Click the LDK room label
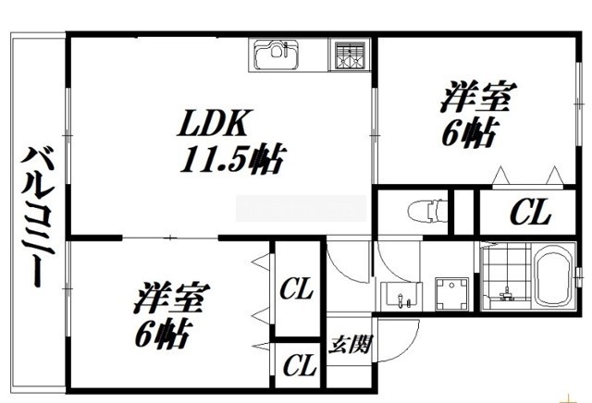point(214,123)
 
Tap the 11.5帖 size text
point(232,158)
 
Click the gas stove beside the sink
point(350,55)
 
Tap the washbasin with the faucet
point(400,296)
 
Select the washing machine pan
point(452,294)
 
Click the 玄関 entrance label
point(351,344)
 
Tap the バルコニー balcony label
point(37,217)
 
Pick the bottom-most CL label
point(300,364)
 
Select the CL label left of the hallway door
point(296,288)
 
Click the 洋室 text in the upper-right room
point(478,97)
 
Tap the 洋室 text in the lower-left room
point(171,299)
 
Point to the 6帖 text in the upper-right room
point(469,133)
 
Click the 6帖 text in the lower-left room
point(162,335)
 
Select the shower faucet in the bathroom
point(506,293)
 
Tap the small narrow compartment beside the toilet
point(463,212)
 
